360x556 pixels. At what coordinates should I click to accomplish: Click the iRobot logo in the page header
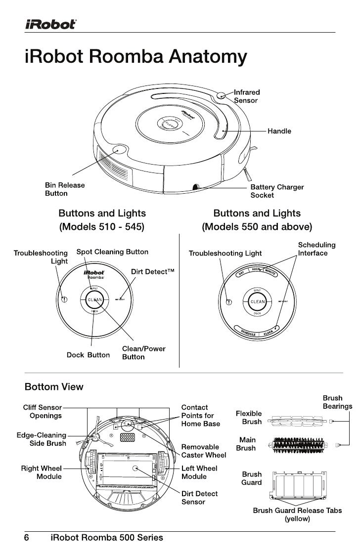click(50, 24)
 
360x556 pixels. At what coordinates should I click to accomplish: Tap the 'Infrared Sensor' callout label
click(246, 96)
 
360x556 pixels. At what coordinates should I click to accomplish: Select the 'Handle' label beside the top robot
click(279, 131)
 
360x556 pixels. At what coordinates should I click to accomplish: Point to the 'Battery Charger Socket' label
click(277, 191)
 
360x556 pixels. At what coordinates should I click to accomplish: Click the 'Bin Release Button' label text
click(65, 189)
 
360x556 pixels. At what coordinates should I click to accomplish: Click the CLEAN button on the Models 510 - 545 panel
click(94, 299)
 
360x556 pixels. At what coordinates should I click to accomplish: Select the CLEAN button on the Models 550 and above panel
click(257, 301)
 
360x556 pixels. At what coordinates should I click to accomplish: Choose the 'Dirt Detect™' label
click(153, 272)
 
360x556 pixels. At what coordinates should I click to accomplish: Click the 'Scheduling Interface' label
click(316, 249)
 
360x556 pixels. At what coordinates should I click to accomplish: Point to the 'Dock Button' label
click(88, 355)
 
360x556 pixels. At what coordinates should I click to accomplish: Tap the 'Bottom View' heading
click(54, 386)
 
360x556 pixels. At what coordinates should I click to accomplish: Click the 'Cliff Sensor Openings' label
click(43, 412)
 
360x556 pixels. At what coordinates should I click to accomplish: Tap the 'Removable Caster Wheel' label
click(204, 451)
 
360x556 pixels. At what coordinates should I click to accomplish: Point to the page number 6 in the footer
click(28, 537)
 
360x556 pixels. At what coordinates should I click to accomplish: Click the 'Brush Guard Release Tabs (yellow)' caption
click(297, 514)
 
